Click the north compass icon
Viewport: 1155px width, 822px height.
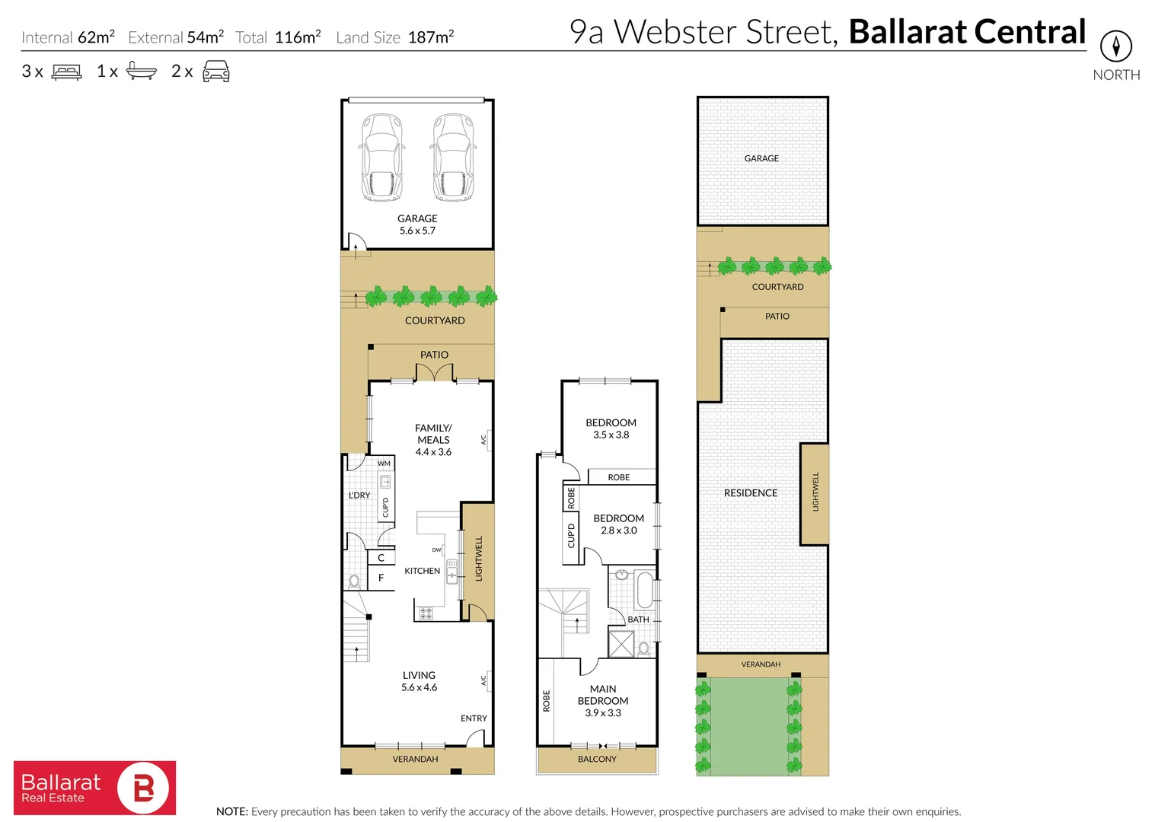point(1115,47)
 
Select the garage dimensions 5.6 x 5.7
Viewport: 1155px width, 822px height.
point(417,231)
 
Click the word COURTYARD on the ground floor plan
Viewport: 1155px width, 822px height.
point(435,320)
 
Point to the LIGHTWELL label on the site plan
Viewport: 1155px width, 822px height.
point(815,492)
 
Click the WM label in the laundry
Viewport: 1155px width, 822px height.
point(384,463)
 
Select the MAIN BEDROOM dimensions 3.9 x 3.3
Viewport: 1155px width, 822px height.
point(603,713)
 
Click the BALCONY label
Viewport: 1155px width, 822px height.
point(597,759)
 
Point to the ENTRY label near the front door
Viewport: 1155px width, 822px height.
point(474,718)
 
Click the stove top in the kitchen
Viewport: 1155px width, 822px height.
point(426,612)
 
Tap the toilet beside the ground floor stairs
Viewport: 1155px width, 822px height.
point(354,581)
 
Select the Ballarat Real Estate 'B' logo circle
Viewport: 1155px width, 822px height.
point(143,789)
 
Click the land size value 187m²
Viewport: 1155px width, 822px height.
point(431,37)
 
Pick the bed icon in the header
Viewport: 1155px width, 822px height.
point(66,72)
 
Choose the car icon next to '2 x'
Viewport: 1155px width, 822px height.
point(216,72)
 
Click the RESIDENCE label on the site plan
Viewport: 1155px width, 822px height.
point(751,493)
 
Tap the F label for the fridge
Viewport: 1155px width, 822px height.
point(381,578)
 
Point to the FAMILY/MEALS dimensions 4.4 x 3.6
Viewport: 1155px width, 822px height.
point(433,452)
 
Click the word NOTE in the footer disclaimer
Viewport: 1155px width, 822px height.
point(231,811)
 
